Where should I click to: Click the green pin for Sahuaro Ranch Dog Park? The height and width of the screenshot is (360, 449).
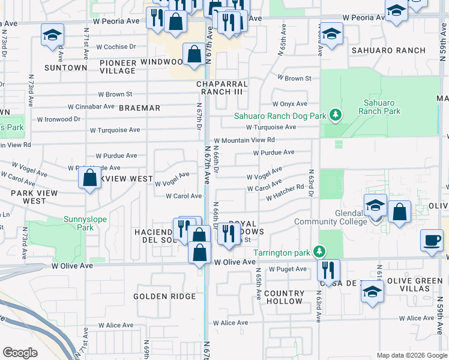tap(337, 114)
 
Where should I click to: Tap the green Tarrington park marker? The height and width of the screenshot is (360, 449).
tap(321, 250)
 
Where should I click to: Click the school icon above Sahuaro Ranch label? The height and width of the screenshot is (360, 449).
tap(331, 34)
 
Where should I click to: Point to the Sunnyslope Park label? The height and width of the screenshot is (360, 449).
tap(85, 223)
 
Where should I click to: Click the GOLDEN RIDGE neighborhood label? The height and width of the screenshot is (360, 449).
tap(164, 296)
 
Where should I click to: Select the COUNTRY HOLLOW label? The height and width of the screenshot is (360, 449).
tap(284, 297)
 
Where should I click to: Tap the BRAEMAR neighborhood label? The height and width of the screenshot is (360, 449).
tap(140, 108)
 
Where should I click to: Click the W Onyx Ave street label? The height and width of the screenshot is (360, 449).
tap(289, 104)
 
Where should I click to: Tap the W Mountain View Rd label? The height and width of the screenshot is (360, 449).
tap(248, 140)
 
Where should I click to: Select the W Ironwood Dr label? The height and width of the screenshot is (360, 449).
tap(59, 119)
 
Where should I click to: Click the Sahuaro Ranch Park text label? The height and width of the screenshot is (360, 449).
tap(379, 107)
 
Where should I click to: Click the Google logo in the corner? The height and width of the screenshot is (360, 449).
tap(20, 353)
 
